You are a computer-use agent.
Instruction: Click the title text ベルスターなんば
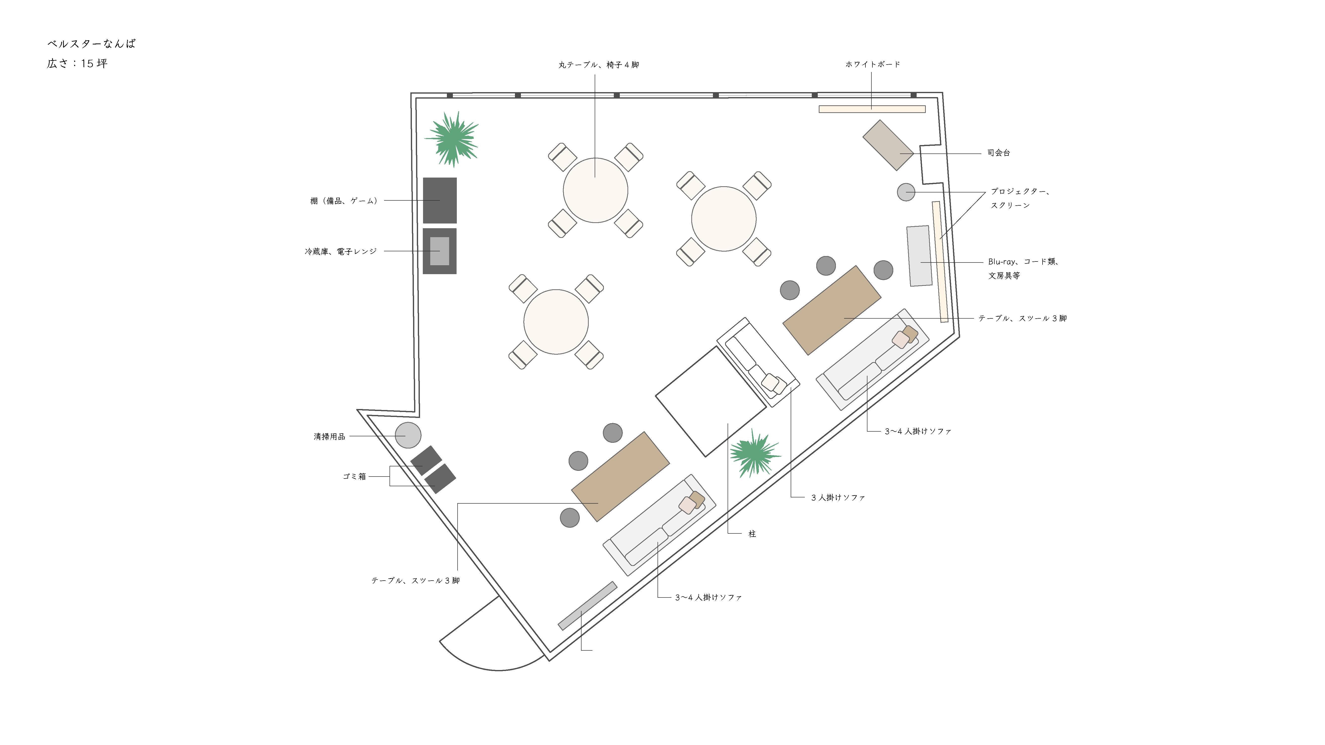92,44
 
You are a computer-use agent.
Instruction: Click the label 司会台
998,153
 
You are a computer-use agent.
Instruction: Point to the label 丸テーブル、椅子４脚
599,65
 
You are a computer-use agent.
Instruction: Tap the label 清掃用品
329,437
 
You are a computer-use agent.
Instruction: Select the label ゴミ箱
354,477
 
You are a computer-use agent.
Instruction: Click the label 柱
752,534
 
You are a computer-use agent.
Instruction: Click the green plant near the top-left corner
452,139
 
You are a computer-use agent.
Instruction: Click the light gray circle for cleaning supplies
408,436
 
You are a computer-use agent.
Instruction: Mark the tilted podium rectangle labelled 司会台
888,145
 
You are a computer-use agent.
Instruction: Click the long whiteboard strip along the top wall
872,109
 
